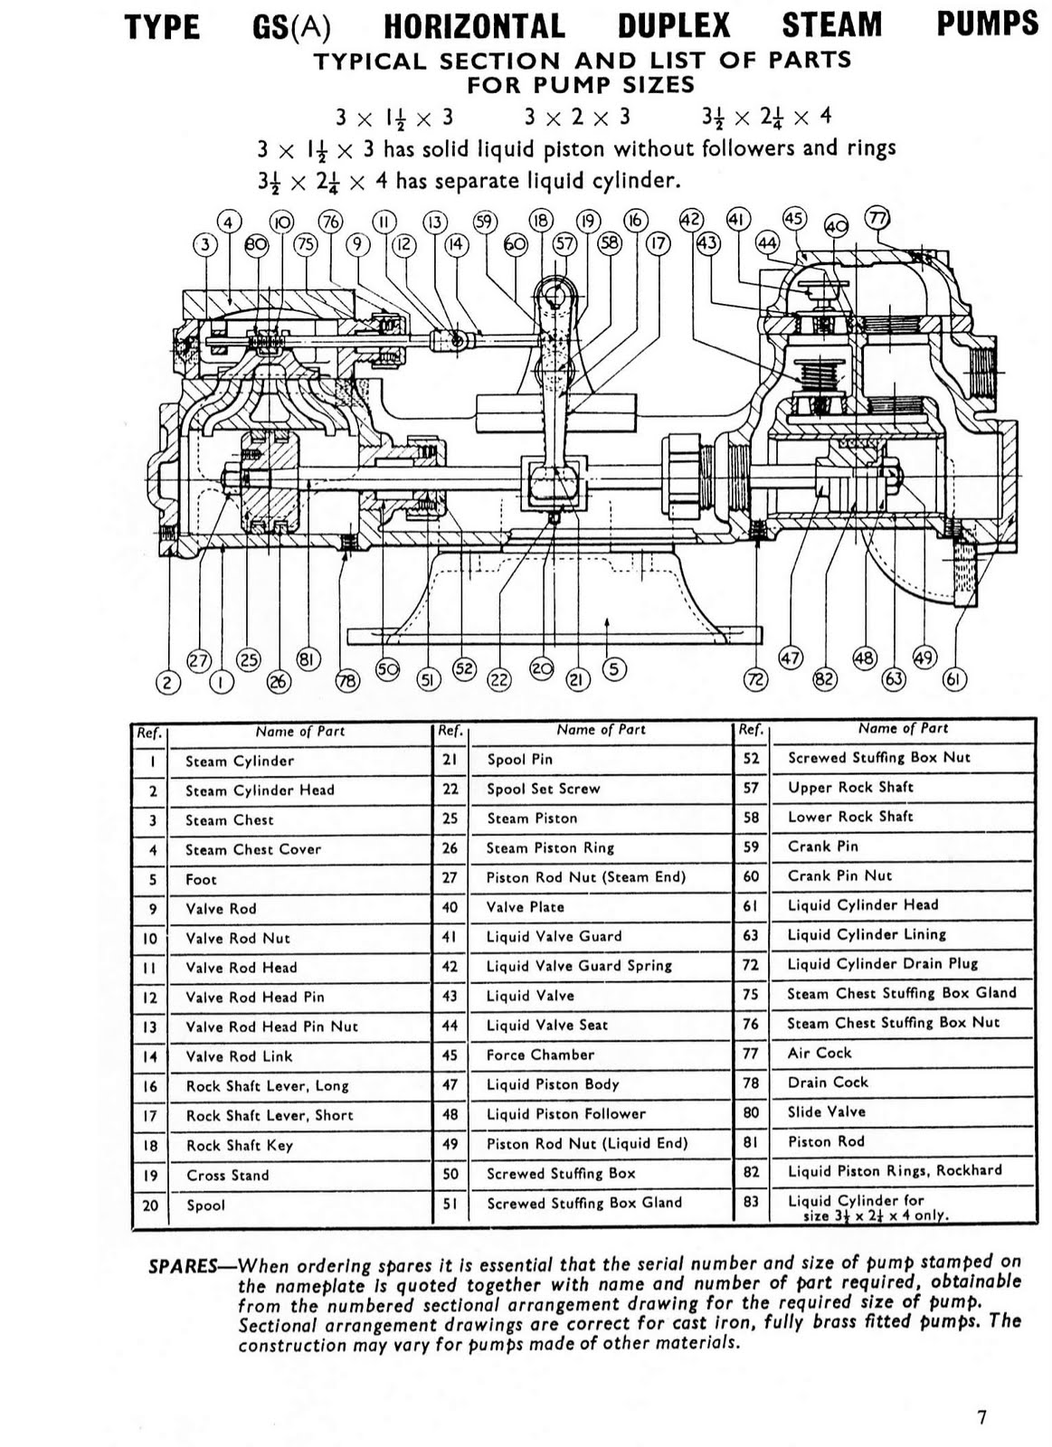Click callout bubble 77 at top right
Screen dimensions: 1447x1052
877,218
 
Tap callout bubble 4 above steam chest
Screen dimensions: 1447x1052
229,222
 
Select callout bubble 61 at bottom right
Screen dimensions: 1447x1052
953,679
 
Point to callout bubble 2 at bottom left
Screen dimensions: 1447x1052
167,683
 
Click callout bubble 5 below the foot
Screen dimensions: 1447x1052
613,669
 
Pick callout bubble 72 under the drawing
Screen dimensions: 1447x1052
755,679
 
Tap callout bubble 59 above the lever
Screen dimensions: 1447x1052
486,222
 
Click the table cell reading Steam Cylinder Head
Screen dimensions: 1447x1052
260,790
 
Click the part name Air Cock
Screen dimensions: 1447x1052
819,1053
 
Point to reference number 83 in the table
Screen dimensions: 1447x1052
750,1201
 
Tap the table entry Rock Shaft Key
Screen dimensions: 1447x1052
239,1145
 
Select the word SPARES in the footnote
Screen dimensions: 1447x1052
182,1265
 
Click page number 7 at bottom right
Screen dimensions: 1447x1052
981,1417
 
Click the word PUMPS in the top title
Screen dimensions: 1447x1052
987,22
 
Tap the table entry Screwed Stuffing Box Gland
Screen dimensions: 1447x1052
584,1203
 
